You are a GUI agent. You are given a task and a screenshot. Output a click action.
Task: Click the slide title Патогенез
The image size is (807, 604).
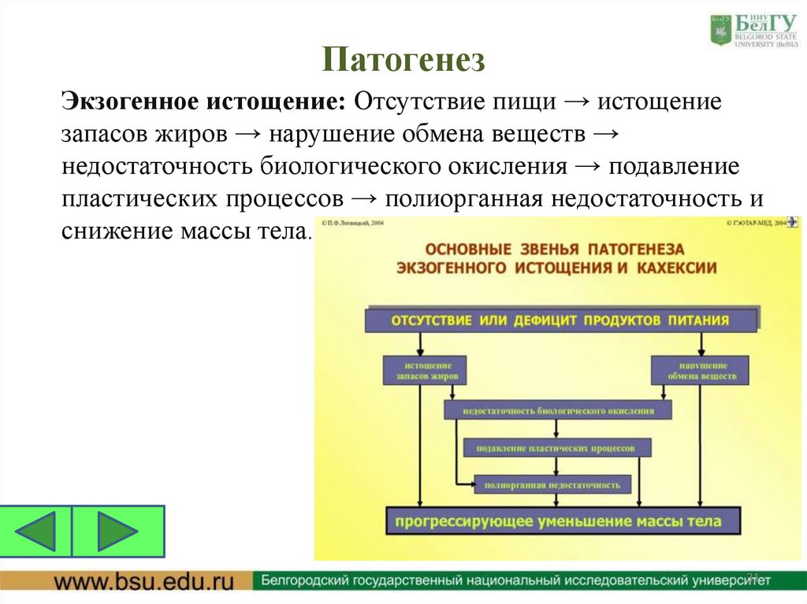point(403,60)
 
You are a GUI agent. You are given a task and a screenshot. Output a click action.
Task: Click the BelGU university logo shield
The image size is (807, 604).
point(720,29)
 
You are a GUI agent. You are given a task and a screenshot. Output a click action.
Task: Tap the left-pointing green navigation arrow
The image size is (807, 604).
point(36,532)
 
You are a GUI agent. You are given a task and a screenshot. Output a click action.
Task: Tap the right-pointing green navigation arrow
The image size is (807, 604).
point(117,532)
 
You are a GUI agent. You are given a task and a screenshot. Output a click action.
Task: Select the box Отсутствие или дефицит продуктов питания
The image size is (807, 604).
point(560,321)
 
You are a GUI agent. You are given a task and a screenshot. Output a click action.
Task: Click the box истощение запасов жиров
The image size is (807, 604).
point(423,371)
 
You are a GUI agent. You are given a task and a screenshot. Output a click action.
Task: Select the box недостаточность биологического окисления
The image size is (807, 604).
point(558,410)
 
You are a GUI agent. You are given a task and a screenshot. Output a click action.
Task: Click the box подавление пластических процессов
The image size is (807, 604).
point(558,448)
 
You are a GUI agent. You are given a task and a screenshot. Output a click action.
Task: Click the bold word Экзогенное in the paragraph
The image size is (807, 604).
point(131,102)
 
